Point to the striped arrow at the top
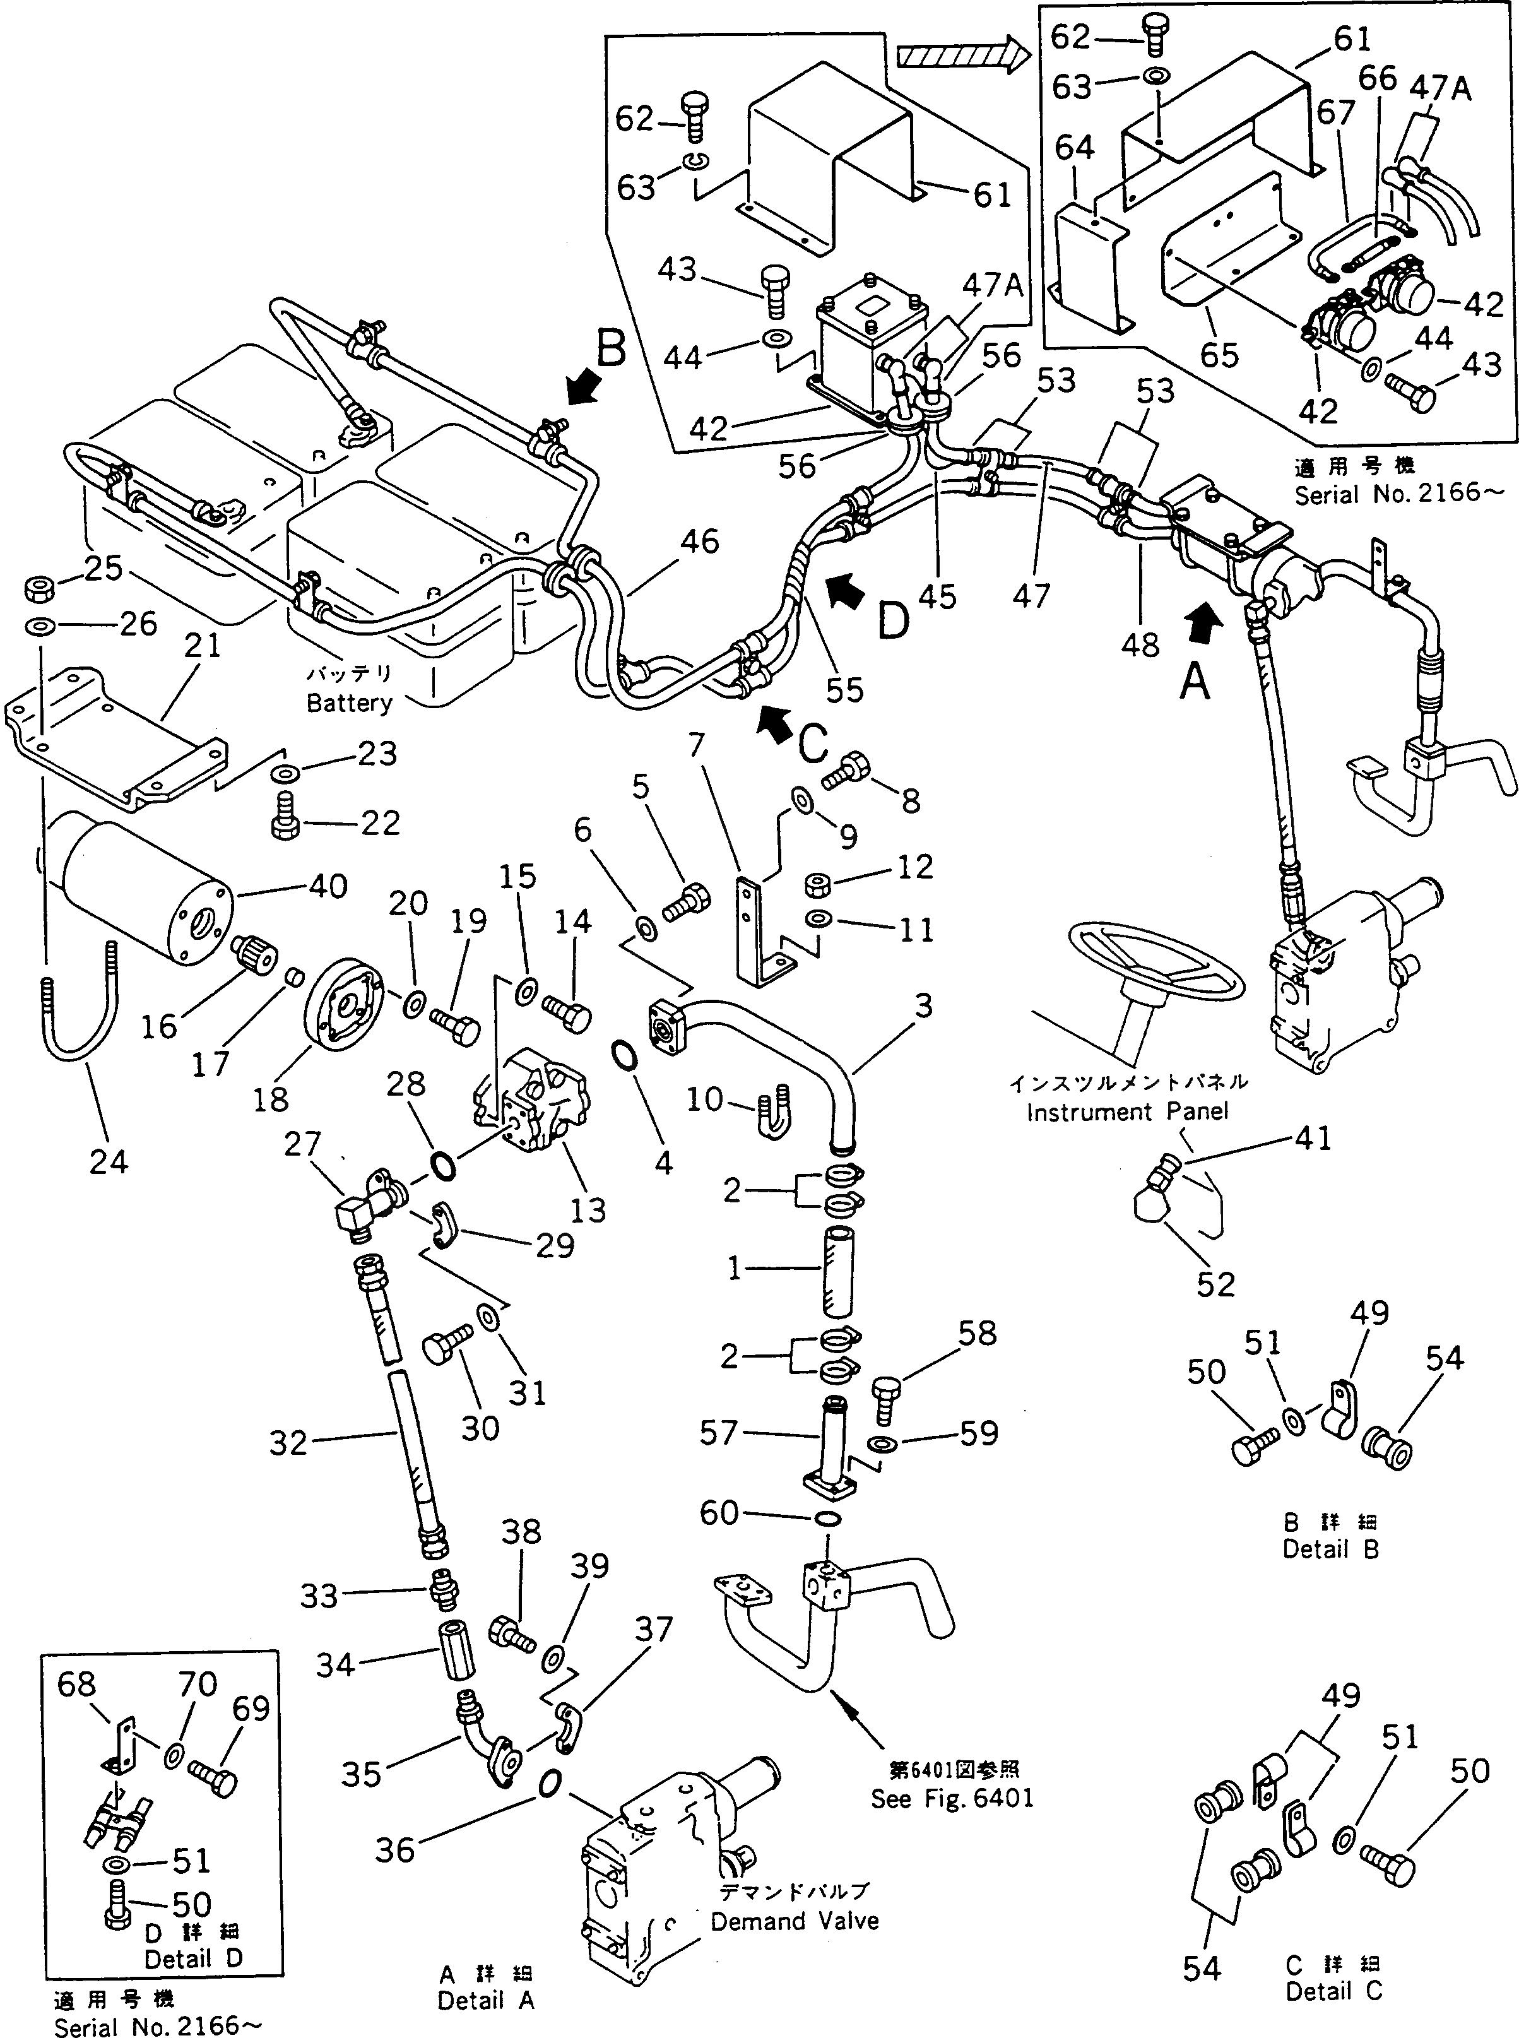(962, 56)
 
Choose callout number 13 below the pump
(588, 1211)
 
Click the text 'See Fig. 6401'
(952, 1799)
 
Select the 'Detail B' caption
(1330, 1549)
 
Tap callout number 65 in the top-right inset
(1219, 354)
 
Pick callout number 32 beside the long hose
(288, 1442)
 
